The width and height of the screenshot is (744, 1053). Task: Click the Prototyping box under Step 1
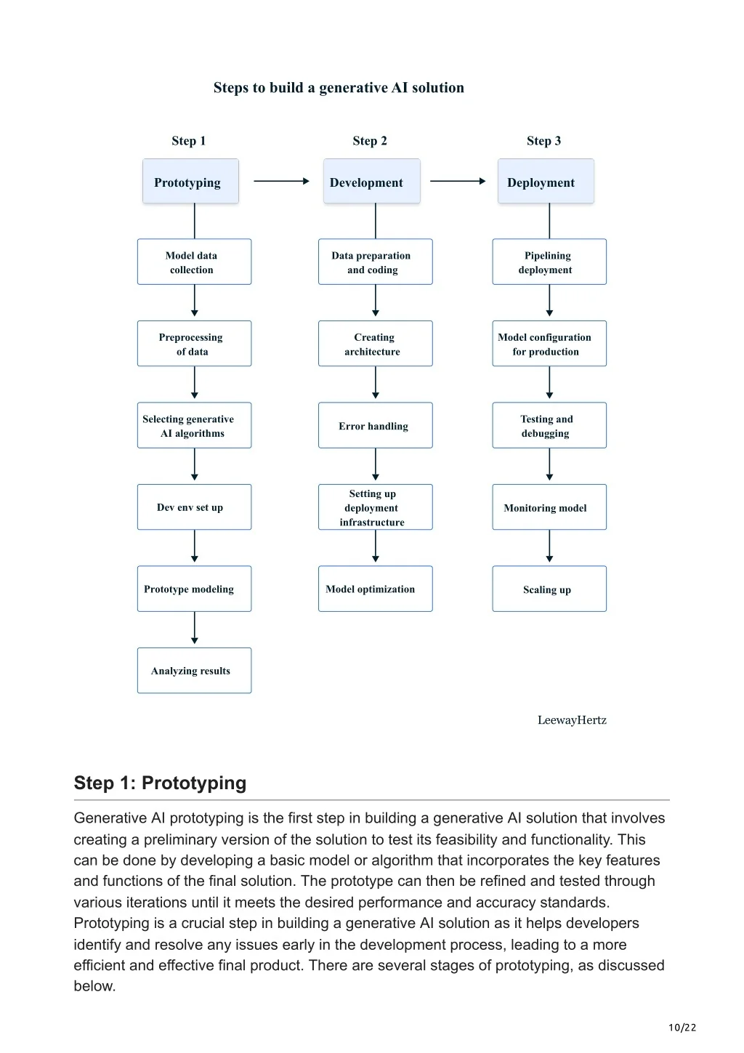(190, 181)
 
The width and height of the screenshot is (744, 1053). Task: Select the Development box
(371, 181)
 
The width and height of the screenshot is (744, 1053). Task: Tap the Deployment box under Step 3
(546, 181)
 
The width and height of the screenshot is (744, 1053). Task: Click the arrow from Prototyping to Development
(281, 181)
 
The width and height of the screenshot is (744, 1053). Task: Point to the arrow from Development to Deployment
(458, 181)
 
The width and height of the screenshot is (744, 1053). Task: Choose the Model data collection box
(194, 262)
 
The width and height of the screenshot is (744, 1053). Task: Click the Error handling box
(375, 425)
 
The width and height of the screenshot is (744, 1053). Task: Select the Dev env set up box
(194, 507)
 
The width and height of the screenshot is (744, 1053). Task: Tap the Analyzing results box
(194, 670)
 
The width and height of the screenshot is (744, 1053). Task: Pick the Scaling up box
(549, 589)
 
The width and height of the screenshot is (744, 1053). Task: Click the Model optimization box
(375, 589)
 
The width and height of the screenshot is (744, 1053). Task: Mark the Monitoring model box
(549, 507)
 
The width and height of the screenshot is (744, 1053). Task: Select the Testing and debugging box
(549, 425)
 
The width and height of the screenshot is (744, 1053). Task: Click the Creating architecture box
(375, 344)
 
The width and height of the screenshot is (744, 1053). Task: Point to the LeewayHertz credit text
(572, 720)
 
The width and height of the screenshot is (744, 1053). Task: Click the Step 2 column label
(370, 140)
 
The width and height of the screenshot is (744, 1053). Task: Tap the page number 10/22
(682, 1028)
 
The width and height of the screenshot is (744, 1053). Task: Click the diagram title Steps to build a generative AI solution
(339, 88)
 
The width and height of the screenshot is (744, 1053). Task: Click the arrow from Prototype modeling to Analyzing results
(195, 628)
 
